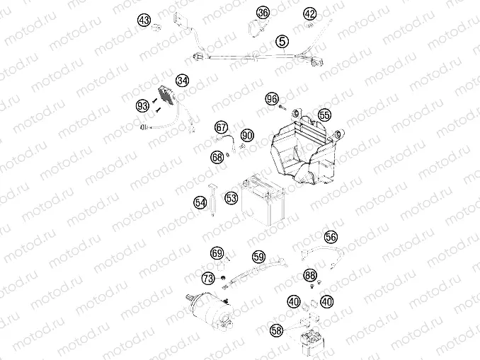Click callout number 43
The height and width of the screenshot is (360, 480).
coord(144,21)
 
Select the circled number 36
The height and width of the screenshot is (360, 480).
coord(263,13)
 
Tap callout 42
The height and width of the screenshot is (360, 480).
coord(310,13)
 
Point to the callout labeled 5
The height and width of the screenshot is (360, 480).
coord(282,42)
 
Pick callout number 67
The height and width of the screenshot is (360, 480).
coord(222,127)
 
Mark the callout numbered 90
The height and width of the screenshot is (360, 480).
coord(247,134)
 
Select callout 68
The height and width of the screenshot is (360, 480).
coord(217,158)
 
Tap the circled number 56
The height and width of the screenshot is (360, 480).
coord(331,237)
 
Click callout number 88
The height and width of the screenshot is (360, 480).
coord(310,274)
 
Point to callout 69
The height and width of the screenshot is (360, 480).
coord(217,253)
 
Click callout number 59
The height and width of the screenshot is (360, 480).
coord(258,257)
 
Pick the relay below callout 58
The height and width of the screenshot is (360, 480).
coord(312,333)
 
